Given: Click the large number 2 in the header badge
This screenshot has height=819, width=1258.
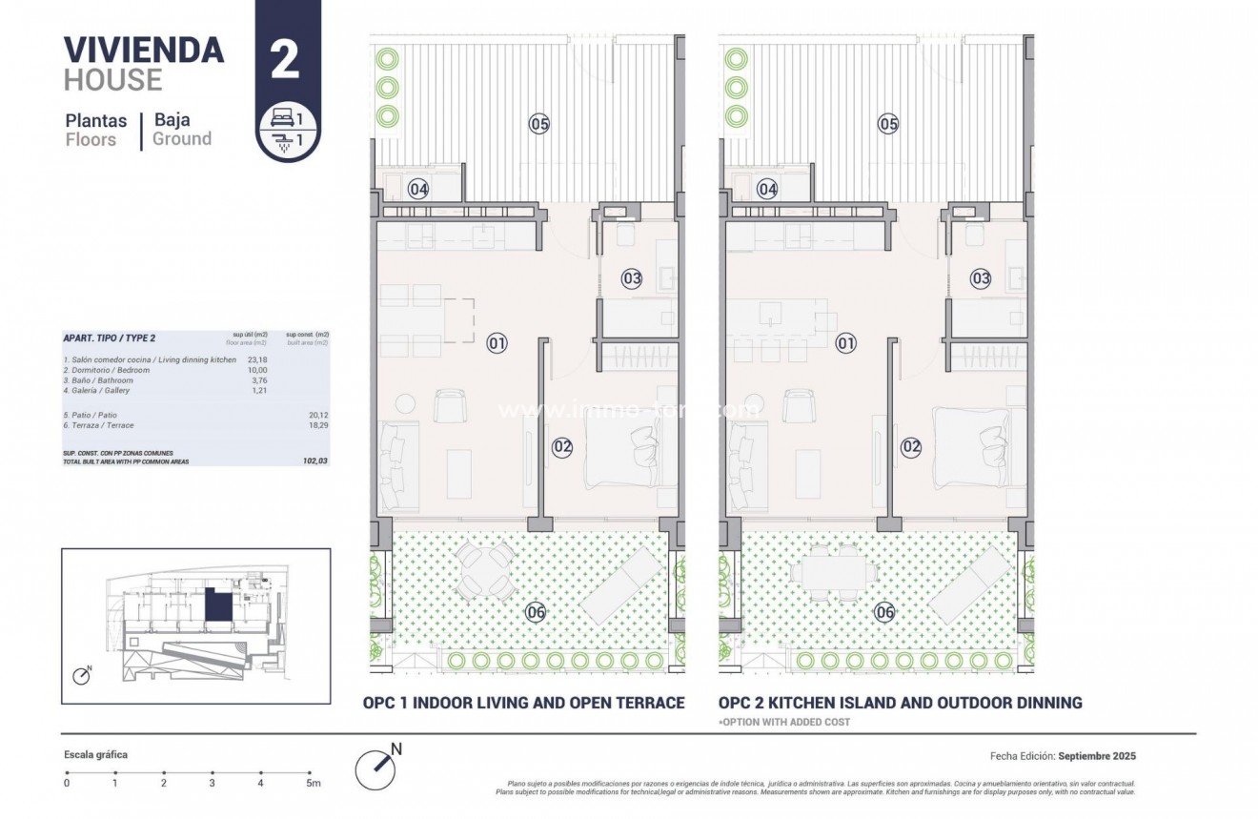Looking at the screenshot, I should [285, 59].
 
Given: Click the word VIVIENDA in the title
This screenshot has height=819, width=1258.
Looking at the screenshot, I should [144, 50].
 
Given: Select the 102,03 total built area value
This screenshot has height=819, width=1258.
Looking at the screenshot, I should [314, 461].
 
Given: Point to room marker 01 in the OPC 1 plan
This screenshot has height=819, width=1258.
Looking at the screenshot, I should [497, 342].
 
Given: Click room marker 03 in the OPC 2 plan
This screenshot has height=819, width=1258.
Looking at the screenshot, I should [981, 278].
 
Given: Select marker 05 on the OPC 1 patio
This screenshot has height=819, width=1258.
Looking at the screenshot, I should [539, 123].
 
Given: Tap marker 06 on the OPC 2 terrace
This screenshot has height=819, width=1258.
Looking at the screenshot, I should [885, 612].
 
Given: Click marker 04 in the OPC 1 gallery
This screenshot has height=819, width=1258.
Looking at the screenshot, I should [418, 189].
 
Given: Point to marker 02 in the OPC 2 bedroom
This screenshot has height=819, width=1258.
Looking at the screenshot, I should [911, 445].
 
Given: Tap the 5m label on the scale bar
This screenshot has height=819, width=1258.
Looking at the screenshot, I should [313, 784].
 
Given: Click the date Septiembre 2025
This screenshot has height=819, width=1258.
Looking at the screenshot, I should [1097, 756].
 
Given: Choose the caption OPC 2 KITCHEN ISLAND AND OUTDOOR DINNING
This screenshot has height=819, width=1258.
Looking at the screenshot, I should [901, 703].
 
